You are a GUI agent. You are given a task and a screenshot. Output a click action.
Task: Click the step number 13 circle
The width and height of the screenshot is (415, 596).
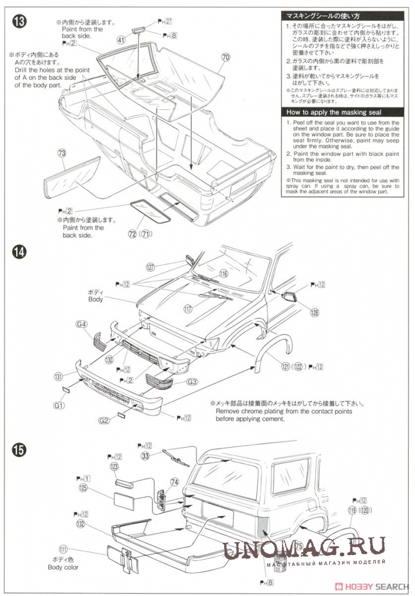(19, 22)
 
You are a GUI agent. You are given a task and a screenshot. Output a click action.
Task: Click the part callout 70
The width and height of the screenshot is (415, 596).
(226, 57)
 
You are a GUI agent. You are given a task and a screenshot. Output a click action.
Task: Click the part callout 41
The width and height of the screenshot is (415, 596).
(121, 40)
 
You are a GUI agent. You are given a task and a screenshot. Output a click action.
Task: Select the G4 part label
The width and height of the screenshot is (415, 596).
(81, 324)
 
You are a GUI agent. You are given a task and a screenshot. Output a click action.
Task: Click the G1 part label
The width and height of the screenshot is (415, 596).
(60, 405)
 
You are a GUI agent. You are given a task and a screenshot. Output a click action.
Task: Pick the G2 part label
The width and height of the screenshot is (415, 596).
(104, 420)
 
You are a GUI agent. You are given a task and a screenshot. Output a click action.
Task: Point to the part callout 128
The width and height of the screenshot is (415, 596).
(315, 312)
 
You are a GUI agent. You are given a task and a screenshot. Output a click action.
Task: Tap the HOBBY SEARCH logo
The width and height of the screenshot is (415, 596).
(379, 586)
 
